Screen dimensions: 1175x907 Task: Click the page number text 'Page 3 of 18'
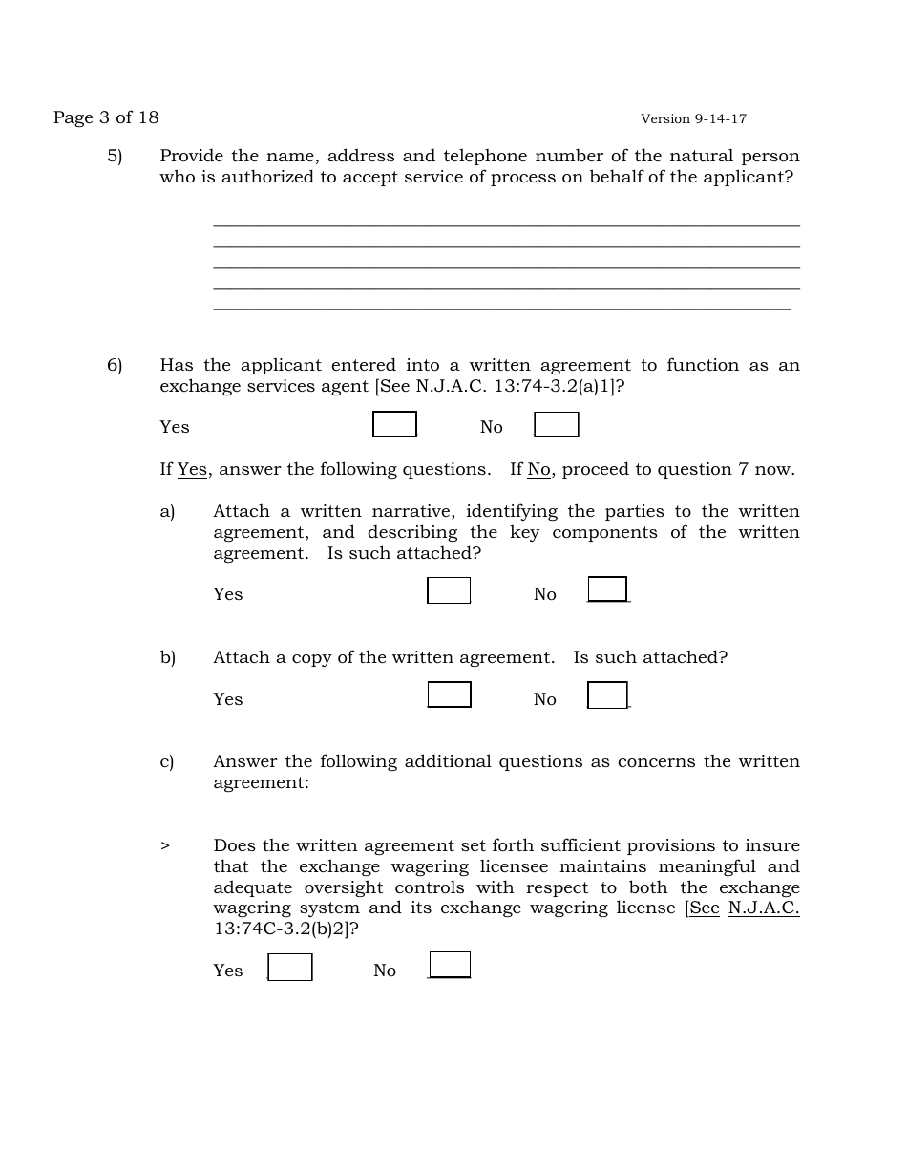click(106, 117)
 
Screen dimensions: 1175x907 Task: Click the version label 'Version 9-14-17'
click(693, 119)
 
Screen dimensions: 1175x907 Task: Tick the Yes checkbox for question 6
click(394, 424)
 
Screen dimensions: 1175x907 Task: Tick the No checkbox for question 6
click(557, 424)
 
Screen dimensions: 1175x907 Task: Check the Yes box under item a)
click(449, 590)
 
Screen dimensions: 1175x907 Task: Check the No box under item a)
click(607, 589)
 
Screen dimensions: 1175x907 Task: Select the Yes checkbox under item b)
click(449, 694)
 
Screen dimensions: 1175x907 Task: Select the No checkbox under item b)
click(607, 695)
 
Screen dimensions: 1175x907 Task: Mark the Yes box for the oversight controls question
click(290, 967)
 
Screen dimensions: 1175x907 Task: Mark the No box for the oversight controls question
click(450, 965)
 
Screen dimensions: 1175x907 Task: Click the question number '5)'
click(115, 156)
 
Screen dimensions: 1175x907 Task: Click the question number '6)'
click(115, 365)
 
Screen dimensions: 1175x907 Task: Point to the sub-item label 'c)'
click(167, 761)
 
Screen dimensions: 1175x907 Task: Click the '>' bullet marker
click(165, 845)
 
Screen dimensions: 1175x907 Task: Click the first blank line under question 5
click(506, 226)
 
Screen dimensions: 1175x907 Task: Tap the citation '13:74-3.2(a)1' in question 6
click(552, 386)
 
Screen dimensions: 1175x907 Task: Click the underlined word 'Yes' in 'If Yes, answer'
click(192, 469)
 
